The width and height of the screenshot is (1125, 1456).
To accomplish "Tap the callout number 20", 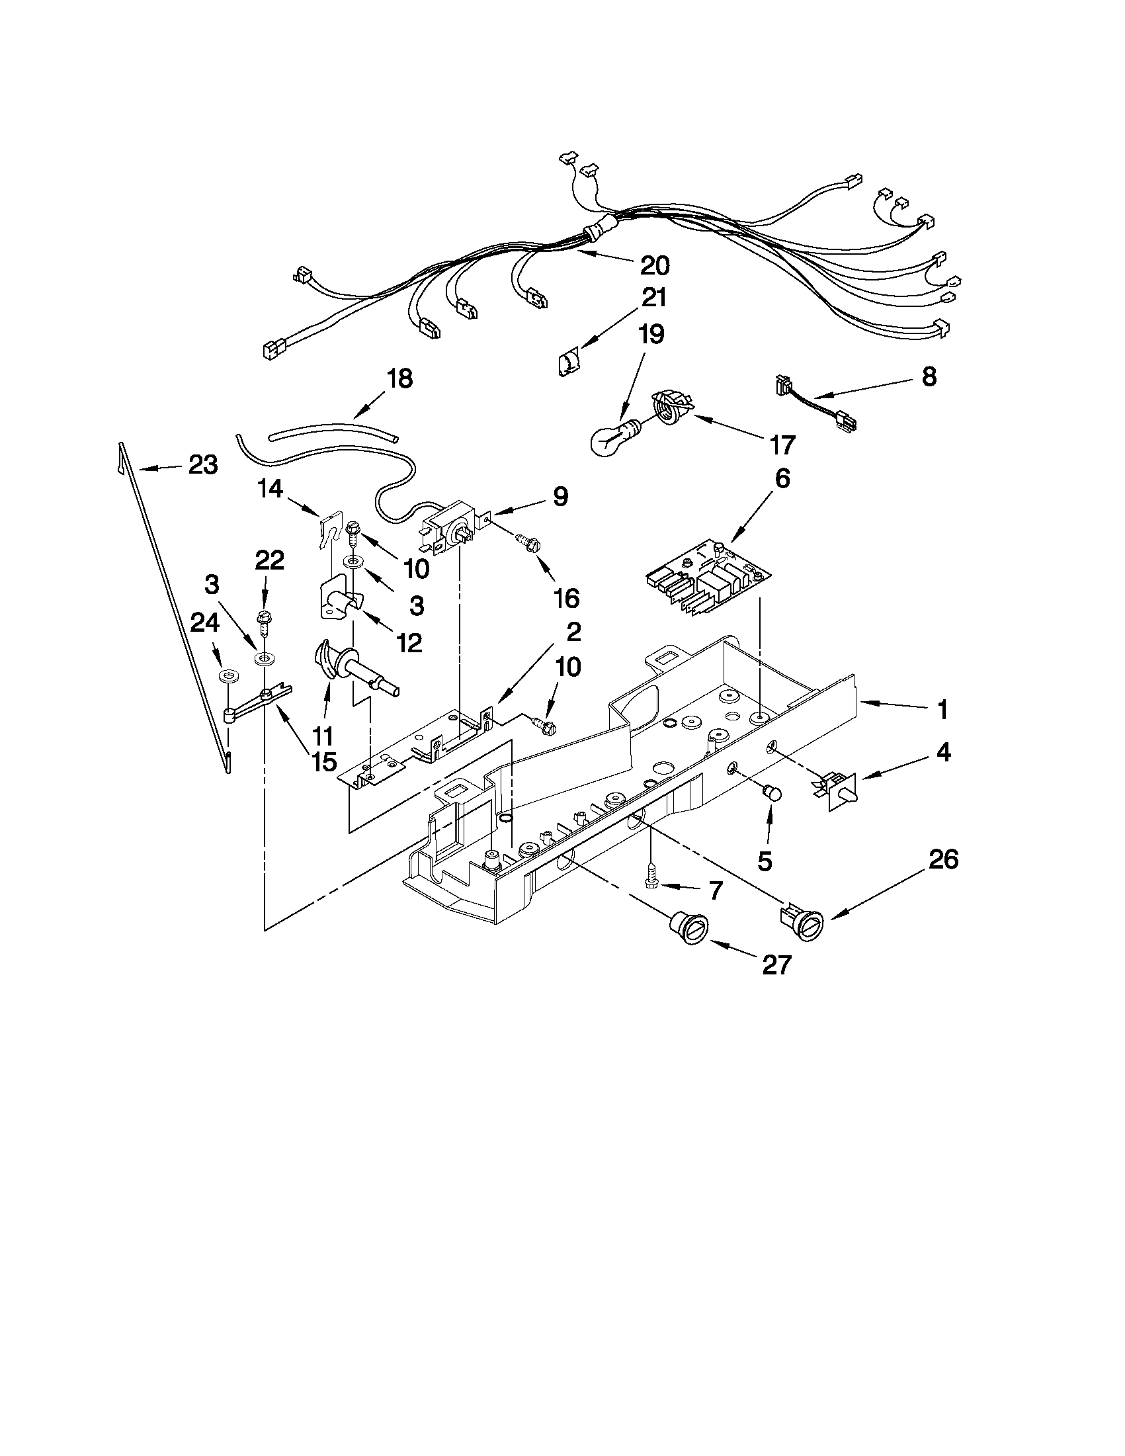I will click(654, 265).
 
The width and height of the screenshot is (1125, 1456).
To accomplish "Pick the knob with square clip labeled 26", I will click(804, 922).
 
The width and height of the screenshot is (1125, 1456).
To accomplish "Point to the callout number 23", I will click(202, 465).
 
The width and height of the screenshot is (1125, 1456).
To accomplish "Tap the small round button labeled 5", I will click(772, 793).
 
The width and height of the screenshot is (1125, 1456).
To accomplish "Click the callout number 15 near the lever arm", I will click(323, 761).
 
